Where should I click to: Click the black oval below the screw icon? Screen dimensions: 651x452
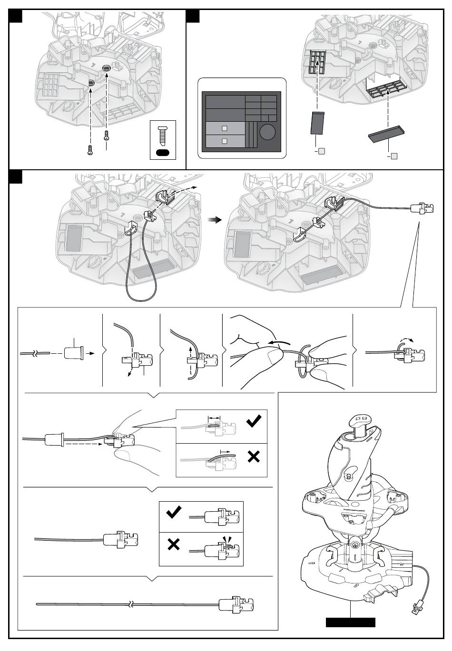(163, 153)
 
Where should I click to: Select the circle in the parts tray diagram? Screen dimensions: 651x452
(267, 132)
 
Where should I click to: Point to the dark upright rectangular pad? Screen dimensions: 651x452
(317, 124)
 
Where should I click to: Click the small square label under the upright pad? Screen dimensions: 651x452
(322, 151)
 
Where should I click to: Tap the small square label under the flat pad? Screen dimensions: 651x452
(393, 156)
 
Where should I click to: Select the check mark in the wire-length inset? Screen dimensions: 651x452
(254, 421)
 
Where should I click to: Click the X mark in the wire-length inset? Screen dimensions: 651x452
(254, 457)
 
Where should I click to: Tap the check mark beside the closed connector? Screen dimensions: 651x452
(174, 512)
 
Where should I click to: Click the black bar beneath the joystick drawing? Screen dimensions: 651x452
(350, 622)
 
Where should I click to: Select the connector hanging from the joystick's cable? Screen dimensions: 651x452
(417, 607)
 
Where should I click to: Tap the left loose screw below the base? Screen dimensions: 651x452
(89, 150)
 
